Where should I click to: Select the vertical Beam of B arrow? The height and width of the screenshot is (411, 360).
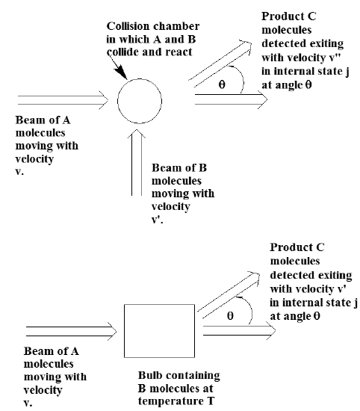[x=137, y=162]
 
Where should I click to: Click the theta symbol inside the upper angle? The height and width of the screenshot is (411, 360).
[x=222, y=84]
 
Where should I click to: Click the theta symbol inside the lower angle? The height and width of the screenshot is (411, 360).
[x=230, y=315]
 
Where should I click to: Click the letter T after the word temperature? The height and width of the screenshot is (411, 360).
[x=210, y=401]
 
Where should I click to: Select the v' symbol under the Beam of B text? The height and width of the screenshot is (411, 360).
[x=157, y=220]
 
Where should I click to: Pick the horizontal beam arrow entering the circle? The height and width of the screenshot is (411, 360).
[x=63, y=100]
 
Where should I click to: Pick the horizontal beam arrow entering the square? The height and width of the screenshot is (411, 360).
[x=71, y=331]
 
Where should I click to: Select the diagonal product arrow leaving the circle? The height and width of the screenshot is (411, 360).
[x=220, y=64]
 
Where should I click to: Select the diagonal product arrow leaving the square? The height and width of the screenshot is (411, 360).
[x=229, y=295]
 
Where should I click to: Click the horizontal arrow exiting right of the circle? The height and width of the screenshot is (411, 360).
[x=231, y=99]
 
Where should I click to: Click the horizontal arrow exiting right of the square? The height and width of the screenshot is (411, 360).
[x=240, y=330]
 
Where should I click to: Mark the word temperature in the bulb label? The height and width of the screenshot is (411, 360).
[x=170, y=401]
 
